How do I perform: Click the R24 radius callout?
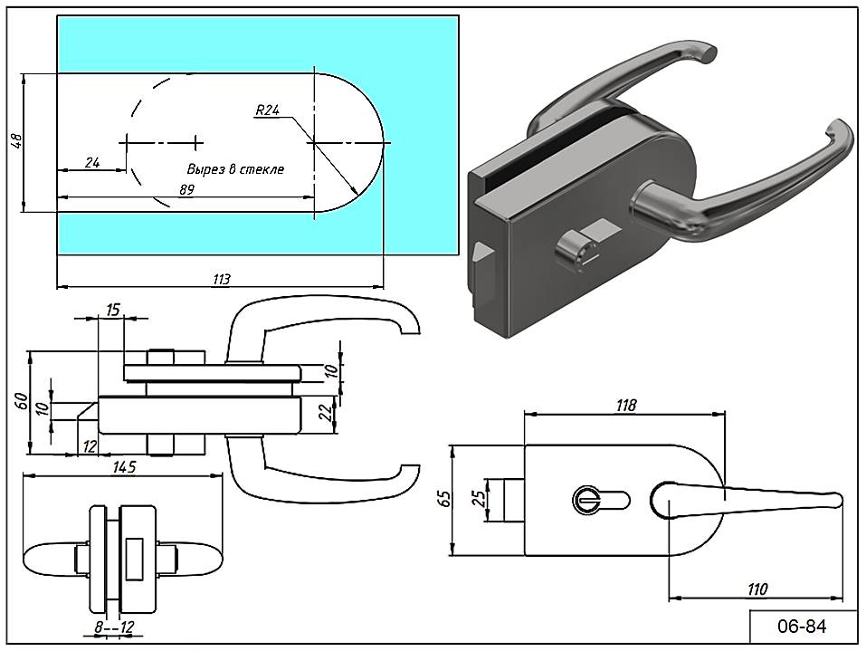click(x=267, y=110)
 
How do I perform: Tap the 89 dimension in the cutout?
click(x=186, y=189)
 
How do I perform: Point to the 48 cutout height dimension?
click(x=15, y=141)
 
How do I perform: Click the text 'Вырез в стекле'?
click(x=235, y=169)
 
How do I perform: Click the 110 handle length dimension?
click(x=757, y=589)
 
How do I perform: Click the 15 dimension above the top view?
click(x=113, y=310)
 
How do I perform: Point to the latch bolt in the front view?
click(x=512, y=500)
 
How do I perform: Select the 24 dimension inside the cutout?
click(x=91, y=162)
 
